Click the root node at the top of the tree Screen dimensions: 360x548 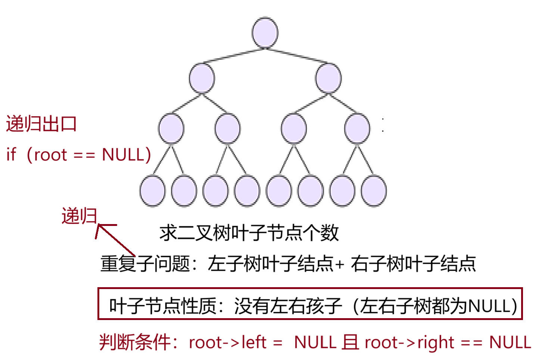point(265,32)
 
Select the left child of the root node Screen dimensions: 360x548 point(202,78)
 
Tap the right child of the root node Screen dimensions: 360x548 point(328,78)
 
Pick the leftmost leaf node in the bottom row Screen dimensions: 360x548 point(152,191)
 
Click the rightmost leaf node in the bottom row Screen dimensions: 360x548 point(374,191)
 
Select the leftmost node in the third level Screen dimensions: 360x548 point(171,128)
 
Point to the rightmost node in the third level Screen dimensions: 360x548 point(357,128)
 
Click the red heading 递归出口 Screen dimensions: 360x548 point(41,124)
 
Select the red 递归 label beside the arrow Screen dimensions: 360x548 point(79,216)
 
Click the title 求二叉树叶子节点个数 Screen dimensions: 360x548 point(249,233)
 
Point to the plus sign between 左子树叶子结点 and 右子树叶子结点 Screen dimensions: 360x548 point(339,264)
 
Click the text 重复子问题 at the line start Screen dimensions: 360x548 point(145,264)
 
